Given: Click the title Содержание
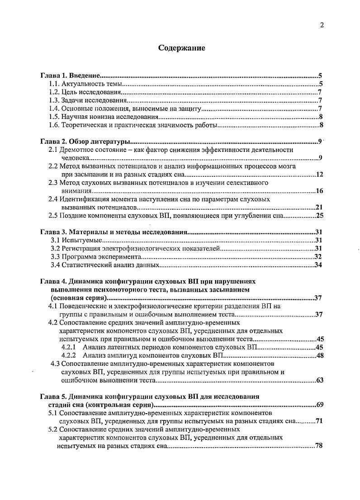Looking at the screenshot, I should click(x=181, y=48).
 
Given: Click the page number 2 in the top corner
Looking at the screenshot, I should click(x=322, y=25).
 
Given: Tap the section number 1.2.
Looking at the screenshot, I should click(x=54, y=92).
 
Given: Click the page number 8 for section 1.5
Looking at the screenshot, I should click(x=320, y=117).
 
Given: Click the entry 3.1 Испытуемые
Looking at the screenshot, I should click(x=76, y=240).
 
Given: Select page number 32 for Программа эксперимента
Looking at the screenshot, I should click(x=317, y=256).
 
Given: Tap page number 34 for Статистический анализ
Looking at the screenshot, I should click(x=317, y=265).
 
